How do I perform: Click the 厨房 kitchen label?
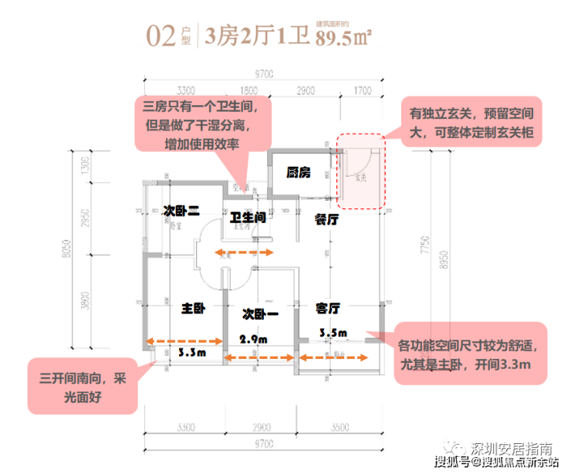[298, 173]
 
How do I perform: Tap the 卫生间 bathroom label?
[248, 218]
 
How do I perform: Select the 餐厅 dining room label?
[328, 219]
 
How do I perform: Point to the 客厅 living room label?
[329, 308]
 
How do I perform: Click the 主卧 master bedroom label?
[193, 308]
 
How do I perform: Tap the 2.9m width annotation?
[253, 339]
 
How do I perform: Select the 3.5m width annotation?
[333, 333]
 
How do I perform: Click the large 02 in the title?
[161, 36]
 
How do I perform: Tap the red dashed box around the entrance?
[361, 172]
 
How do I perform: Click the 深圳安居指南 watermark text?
[513, 449]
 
